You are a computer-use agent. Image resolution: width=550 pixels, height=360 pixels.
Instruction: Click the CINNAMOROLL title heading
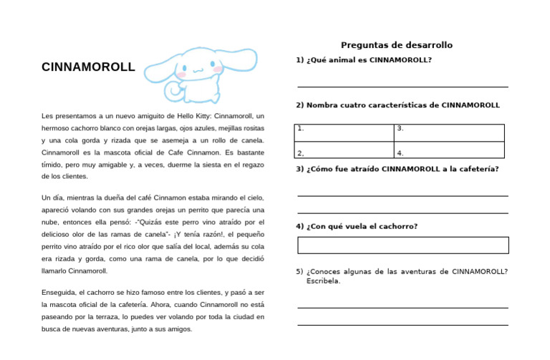click(88, 68)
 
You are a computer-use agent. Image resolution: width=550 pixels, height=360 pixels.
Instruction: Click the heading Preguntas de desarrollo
click(396, 45)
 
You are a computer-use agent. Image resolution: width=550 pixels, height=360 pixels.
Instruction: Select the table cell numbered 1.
click(344, 132)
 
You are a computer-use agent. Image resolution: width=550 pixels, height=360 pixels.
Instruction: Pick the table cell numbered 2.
click(344, 150)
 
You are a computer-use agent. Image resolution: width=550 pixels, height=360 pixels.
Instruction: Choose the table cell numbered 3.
click(449, 132)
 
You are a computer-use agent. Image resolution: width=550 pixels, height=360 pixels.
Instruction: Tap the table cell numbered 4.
click(449, 150)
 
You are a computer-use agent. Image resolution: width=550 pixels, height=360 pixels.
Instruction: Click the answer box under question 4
click(402, 245)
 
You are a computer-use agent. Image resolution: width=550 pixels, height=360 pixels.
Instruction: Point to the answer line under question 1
click(402, 87)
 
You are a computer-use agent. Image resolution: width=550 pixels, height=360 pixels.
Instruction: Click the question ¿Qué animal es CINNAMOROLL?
click(364, 60)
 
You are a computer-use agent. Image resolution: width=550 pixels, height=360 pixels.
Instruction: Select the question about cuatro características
click(397, 105)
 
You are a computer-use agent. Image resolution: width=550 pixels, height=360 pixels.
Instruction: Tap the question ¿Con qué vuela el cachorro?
click(357, 226)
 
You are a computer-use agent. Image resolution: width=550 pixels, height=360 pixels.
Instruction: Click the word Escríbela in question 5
click(322, 281)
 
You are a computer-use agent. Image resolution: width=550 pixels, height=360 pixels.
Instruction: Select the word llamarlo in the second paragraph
click(56, 271)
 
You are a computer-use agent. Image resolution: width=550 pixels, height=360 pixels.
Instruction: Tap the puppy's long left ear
click(160, 67)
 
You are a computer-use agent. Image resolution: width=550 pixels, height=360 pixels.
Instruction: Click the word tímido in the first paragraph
click(54, 164)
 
